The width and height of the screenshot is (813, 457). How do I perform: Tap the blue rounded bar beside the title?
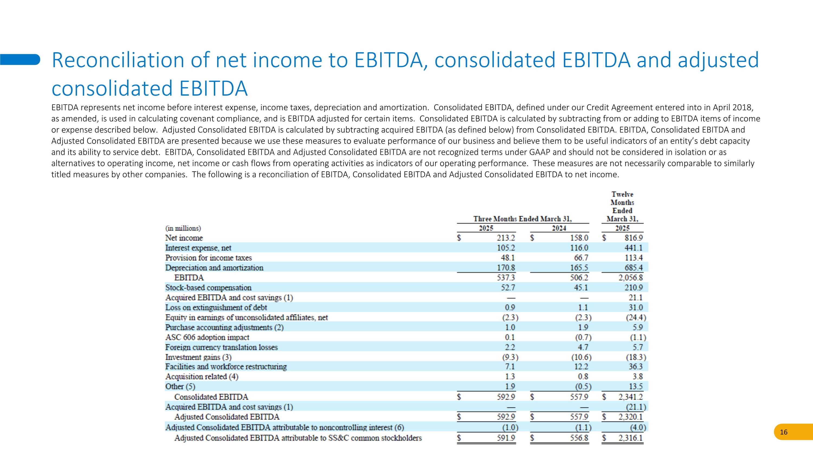20,59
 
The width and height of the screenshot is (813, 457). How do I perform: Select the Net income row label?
184,238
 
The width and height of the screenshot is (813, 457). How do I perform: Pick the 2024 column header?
559,228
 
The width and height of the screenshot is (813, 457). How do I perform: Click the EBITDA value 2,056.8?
630,278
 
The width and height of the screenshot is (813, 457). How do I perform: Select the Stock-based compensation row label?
208,288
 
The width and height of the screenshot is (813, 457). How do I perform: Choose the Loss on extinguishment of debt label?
216,307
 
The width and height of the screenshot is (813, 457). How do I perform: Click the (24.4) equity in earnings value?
635,317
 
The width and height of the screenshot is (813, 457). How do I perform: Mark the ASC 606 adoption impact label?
207,338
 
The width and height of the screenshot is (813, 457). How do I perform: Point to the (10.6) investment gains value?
581,357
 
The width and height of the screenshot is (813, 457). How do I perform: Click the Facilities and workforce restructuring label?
226,367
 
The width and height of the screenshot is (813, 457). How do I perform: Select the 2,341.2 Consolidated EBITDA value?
630,397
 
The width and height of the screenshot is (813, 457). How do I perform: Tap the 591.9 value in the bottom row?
506,438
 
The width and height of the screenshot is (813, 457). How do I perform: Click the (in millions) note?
183,228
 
